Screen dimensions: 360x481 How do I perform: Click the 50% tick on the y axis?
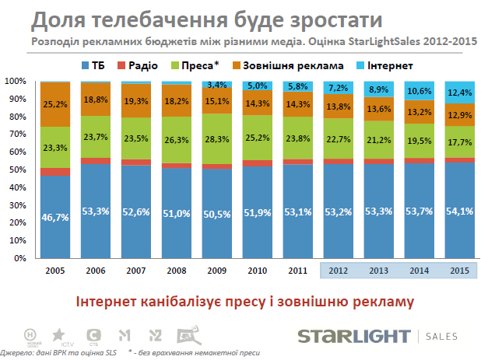16,170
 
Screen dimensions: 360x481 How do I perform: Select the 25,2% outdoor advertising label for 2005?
54,103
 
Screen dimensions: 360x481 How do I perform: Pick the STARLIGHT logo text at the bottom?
353,336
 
